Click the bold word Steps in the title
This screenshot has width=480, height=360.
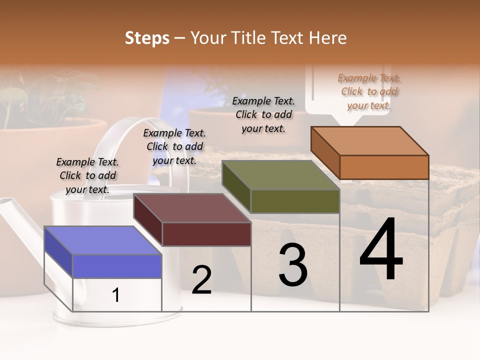coord(147,38)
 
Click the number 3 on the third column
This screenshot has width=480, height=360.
coord(293,265)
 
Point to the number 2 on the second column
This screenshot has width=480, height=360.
coord(201,280)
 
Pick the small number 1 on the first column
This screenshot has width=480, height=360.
coord(116,295)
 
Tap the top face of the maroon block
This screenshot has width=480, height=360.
coord(191,208)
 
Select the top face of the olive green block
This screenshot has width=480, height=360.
coord(280,175)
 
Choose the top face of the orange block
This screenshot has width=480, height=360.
coord(369,141)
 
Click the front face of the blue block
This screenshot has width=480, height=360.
coord(117,266)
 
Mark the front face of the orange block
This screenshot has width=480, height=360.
coord(384,167)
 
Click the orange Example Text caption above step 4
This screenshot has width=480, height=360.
coord(369,91)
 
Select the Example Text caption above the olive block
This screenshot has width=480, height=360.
coord(263,114)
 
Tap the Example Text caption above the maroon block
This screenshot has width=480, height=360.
coord(174,146)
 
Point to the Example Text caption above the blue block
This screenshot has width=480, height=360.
coord(87,175)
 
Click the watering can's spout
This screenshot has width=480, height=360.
coord(20,225)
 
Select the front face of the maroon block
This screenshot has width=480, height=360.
coord(206,234)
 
